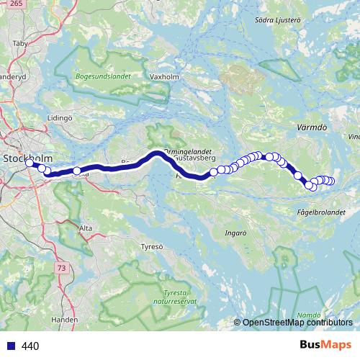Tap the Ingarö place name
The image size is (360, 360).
pyautogui.click(x=236, y=233)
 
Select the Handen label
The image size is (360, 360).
pyautogui.click(x=64, y=319)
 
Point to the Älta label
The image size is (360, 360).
pyautogui.click(x=86, y=228)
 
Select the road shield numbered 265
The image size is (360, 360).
pyautogui.click(x=17, y=4)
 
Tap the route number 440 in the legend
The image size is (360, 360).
pyautogui.click(x=30, y=346)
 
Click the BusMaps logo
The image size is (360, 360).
pyautogui.click(x=325, y=345)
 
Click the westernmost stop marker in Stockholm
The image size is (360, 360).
pyautogui.click(x=30, y=163)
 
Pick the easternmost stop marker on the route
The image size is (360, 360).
pyautogui.click(x=331, y=181)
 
